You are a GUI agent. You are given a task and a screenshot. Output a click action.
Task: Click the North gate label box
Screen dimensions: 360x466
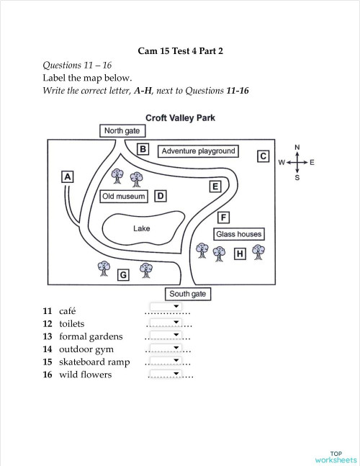click(x=122, y=131)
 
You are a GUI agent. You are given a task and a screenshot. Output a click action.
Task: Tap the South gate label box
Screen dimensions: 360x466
click(x=188, y=294)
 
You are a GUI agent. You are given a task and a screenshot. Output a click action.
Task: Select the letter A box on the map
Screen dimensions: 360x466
click(x=68, y=177)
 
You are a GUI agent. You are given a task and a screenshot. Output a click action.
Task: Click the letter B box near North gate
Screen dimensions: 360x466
click(x=143, y=149)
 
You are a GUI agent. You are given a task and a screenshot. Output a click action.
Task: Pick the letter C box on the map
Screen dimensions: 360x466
click(x=264, y=156)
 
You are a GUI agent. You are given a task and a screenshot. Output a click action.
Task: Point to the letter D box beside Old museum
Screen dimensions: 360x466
click(x=161, y=196)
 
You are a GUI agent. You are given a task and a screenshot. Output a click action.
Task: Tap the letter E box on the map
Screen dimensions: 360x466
click(x=215, y=187)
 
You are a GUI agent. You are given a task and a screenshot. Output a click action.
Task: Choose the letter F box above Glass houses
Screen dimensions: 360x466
click(x=223, y=218)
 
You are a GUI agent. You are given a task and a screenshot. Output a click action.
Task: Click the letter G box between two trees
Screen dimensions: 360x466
click(x=123, y=275)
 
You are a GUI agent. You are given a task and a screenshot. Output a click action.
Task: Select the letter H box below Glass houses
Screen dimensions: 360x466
click(x=240, y=254)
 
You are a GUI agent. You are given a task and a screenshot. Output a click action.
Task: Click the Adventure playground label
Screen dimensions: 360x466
click(x=198, y=151)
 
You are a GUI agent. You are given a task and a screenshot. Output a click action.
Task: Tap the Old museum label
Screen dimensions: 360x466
click(x=124, y=197)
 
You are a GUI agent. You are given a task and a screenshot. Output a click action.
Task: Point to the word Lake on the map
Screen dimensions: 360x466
click(x=141, y=228)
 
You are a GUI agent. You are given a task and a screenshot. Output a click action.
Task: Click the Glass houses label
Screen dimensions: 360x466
click(x=239, y=234)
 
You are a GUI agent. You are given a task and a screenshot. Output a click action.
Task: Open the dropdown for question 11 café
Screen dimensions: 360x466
click(x=166, y=306)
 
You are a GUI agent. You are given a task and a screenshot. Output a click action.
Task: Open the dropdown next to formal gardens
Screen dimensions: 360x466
click(x=166, y=335)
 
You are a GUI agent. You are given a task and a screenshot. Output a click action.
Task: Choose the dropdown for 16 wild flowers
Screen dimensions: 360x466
click(x=166, y=373)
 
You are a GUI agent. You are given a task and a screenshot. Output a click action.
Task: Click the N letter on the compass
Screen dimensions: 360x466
click(x=297, y=147)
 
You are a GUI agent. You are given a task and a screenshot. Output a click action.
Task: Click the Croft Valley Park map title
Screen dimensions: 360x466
click(x=180, y=118)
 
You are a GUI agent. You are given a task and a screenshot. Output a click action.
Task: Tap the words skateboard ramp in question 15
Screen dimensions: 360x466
click(x=94, y=362)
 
